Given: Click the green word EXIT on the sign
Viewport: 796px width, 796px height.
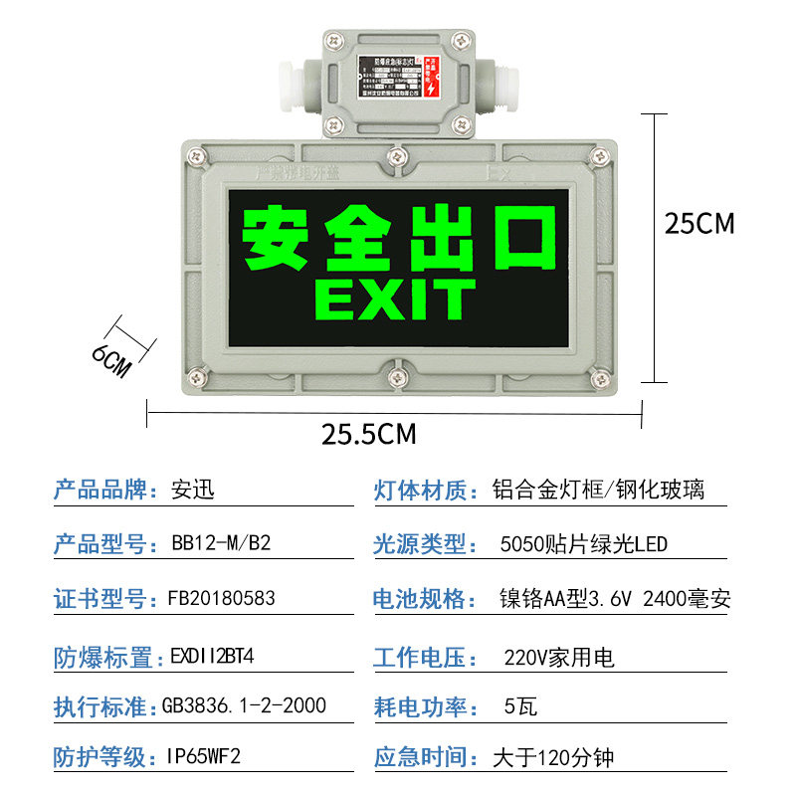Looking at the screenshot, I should click(395, 298).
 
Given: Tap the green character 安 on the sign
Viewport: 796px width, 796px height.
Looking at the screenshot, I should click(275, 237).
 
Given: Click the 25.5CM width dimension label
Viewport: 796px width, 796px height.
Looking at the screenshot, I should click(369, 434).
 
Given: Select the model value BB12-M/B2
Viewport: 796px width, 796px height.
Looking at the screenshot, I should click(221, 544).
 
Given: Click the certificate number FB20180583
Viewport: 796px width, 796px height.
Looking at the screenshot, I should click(221, 599).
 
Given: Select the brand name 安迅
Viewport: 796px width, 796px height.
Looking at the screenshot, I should click(193, 490).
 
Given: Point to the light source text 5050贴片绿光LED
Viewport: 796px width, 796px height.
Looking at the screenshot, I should click(583, 544).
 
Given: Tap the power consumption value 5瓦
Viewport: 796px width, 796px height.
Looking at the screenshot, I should click(520, 707).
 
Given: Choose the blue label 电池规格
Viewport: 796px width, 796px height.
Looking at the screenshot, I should click(420, 599).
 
